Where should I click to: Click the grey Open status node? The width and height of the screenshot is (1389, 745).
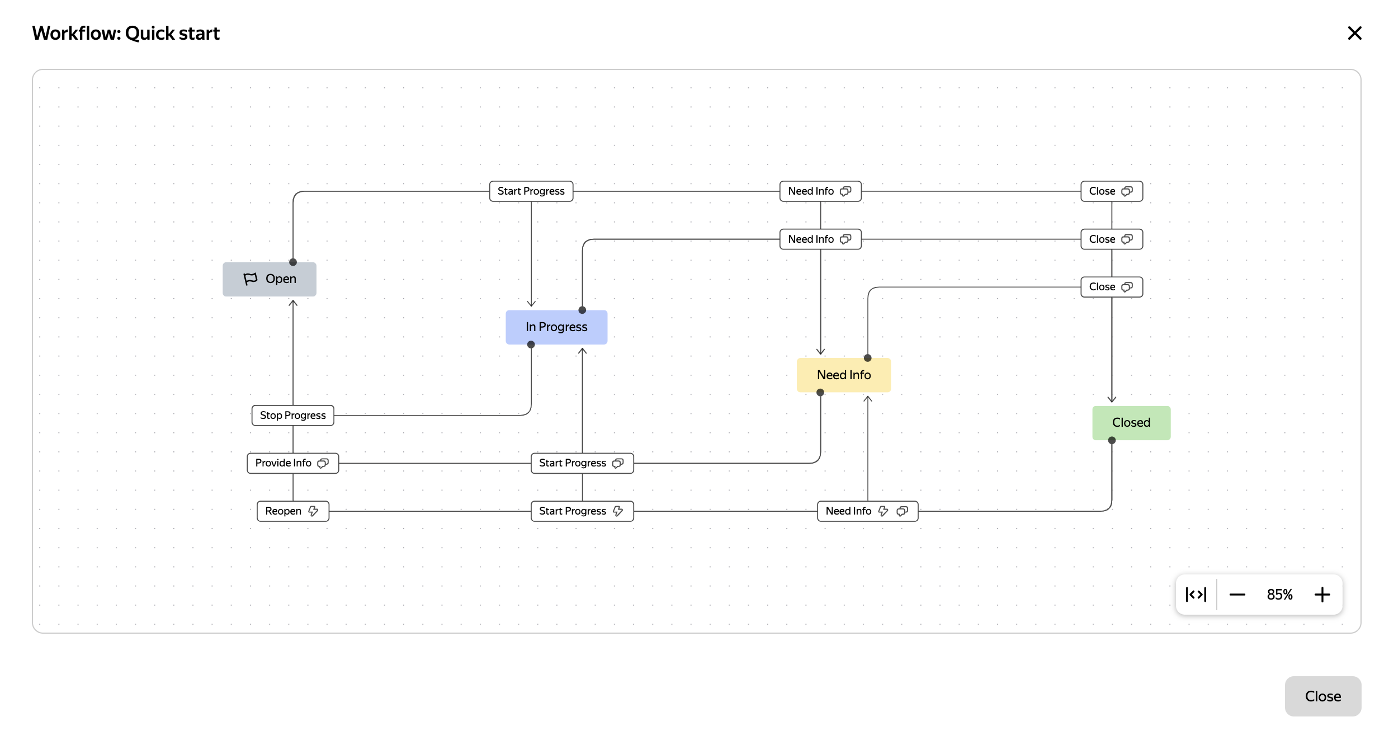pos(270,279)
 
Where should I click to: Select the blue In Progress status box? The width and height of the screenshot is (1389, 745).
pos(556,327)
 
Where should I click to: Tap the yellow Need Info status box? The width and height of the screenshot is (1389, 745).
pos(843,375)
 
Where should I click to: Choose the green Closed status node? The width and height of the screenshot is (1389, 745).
pos(1131,423)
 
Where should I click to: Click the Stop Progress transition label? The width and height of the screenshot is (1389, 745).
pos(292,416)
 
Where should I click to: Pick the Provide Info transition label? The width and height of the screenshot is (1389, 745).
pos(284,463)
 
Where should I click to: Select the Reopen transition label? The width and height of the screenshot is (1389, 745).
pos(284,511)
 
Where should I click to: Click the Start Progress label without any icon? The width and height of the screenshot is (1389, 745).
pos(531,191)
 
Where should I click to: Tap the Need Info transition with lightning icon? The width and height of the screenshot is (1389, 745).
pos(849,511)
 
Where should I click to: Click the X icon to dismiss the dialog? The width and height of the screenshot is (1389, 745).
pos(1354,34)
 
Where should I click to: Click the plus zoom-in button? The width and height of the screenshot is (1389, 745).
pos(1322,595)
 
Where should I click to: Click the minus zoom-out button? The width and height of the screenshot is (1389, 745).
pos(1237,595)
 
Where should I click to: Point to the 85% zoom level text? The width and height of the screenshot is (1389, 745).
pos(1279,595)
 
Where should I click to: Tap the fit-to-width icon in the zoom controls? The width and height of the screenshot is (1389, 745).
pos(1196,595)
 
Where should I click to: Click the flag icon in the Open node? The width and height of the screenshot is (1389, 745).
pos(251,279)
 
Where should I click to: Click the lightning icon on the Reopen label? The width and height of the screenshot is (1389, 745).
pos(313,511)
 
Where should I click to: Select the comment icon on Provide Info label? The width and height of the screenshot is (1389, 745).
pos(323,463)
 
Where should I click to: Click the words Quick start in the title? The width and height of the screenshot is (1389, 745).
pos(172,34)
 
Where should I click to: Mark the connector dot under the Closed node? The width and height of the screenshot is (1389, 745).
pos(1112,441)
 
